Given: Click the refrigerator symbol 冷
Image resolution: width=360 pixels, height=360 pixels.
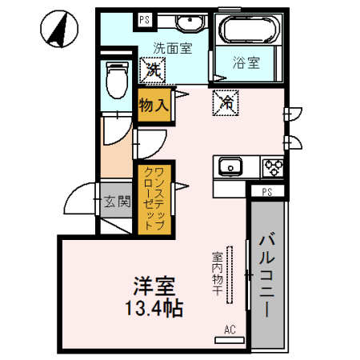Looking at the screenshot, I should (x=226, y=102).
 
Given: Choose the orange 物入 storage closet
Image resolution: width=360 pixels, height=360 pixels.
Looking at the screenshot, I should (x=153, y=104).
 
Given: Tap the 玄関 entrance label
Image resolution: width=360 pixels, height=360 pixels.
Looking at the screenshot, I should (x=117, y=202).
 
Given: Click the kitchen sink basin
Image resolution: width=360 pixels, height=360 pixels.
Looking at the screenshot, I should (x=232, y=167).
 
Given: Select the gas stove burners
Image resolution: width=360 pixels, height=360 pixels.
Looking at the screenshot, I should (x=273, y=167).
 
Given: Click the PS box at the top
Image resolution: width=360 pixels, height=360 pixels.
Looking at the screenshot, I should (x=145, y=19).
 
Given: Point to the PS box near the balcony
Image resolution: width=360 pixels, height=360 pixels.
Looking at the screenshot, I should (x=266, y=192).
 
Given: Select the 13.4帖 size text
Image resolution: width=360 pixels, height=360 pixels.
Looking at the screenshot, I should (x=154, y=309).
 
